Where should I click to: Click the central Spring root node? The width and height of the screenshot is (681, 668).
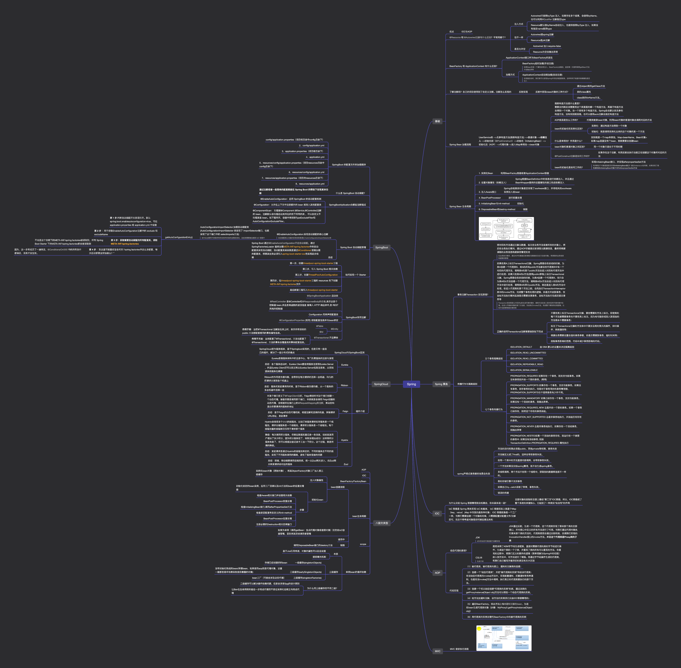tap(411, 384)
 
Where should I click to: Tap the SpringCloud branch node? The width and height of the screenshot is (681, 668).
tap(381, 384)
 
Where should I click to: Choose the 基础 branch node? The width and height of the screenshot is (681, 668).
tap(437, 121)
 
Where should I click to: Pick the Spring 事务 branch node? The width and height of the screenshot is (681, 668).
tap(441, 384)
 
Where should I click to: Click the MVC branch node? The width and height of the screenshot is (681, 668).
tap(438, 651)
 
